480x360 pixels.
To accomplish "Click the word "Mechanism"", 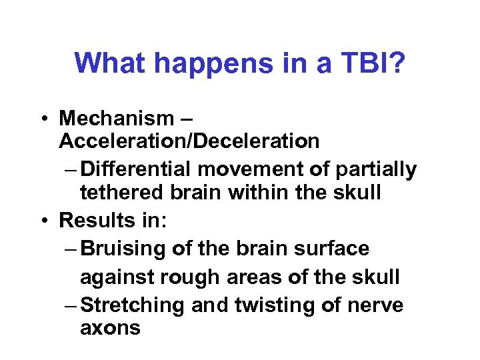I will pyautogui.click(x=117, y=119).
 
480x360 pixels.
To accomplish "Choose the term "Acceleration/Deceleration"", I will pyautogui.click(x=189, y=141).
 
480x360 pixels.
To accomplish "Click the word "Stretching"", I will pyautogui.click(x=133, y=305).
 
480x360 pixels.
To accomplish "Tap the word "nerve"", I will pyautogui.click(x=376, y=305).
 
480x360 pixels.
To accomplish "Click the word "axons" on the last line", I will pyautogui.click(x=110, y=328).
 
